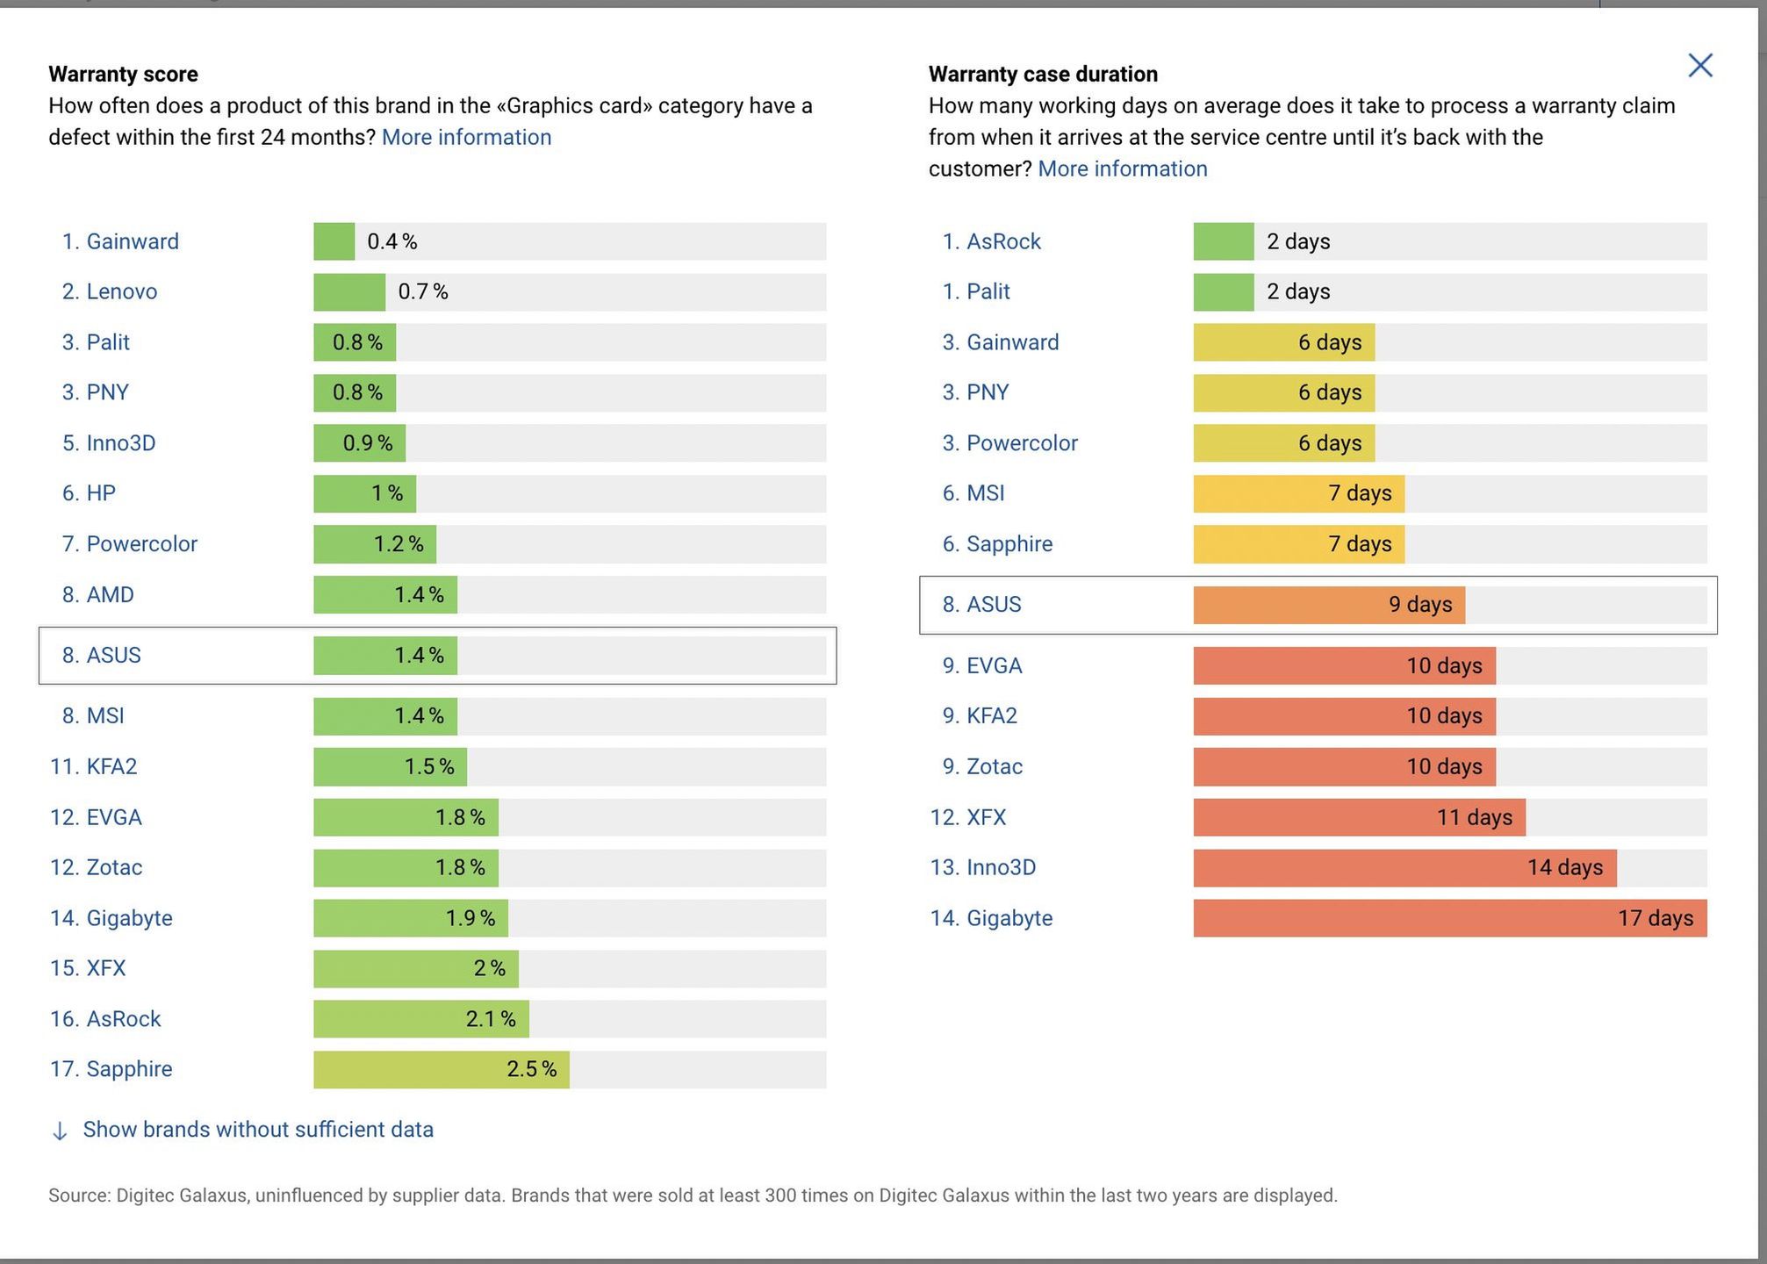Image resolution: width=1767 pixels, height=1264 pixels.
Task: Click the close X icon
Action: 1699,66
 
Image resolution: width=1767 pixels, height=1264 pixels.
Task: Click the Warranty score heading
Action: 123,74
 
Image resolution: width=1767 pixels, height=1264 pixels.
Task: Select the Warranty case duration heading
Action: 1043,74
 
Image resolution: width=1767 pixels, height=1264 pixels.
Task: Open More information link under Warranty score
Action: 466,137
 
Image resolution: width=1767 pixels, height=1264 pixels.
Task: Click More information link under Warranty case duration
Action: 1122,169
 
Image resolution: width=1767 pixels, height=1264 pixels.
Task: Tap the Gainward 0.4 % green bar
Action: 334,241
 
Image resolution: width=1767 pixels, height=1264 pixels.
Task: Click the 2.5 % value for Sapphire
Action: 531,1069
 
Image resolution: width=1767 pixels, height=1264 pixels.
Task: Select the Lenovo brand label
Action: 121,291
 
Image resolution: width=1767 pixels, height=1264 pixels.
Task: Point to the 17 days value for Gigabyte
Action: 1655,918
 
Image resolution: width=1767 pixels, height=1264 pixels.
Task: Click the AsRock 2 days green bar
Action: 1224,241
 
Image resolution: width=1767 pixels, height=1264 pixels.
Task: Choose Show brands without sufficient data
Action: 258,1130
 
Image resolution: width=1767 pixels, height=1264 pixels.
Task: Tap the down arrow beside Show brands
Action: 60,1131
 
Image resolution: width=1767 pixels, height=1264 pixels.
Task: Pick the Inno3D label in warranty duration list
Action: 1001,867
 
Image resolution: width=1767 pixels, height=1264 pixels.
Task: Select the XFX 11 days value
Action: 1474,817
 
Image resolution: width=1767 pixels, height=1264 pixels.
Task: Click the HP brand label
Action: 100,493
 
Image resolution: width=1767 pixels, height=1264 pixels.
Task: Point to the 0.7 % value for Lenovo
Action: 423,291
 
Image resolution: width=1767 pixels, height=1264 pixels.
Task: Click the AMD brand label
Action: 110,595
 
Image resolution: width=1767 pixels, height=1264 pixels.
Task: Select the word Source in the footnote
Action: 78,1196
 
